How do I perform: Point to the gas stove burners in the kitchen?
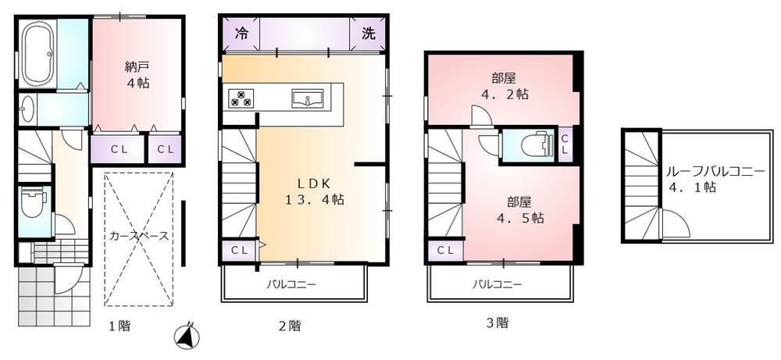click(241, 98)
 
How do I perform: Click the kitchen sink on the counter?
click(307, 98)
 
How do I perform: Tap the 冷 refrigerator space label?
click(241, 34)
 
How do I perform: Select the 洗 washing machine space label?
click(369, 34)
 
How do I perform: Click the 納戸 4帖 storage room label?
click(137, 74)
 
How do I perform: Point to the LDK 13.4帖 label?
click(314, 191)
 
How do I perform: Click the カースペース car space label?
click(139, 237)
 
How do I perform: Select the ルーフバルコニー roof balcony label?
click(715, 172)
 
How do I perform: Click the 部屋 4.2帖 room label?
click(504, 86)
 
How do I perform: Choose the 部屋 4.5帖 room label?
click(519, 210)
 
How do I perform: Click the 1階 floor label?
click(119, 326)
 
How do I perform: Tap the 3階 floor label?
click(497, 323)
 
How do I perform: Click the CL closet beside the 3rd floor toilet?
click(565, 144)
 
